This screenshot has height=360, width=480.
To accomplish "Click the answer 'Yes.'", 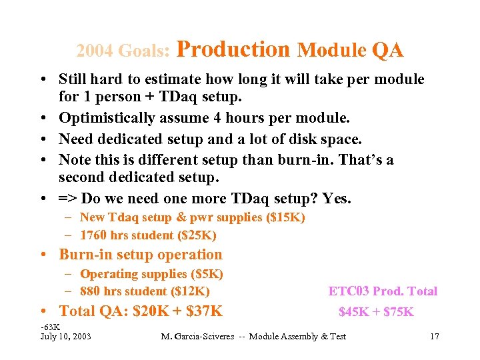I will (336, 198).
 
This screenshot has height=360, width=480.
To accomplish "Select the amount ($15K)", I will (284, 217).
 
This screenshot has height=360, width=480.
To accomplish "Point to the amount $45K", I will (353, 311).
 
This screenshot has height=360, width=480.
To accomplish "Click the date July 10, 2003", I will (66, 336).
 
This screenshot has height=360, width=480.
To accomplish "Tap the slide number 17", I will (434, 336).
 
